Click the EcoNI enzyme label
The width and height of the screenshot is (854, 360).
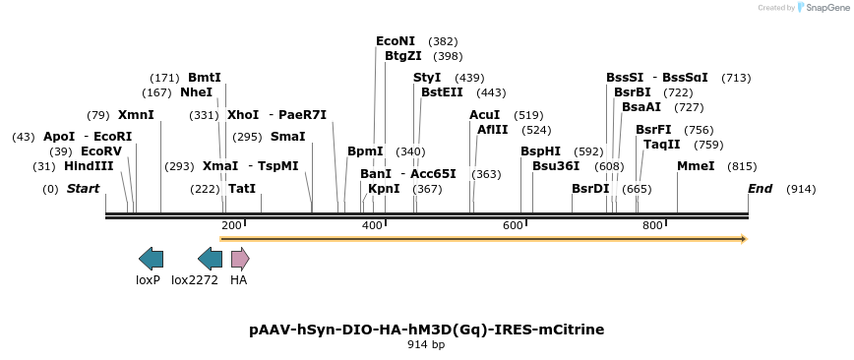tap(396, 41)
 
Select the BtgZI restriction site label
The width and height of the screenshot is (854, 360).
tap(403, 56)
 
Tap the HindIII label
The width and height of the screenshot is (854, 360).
tap(89, 166)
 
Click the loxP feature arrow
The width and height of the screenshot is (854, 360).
tap(151, 259)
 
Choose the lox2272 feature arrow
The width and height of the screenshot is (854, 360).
tap(210, 259)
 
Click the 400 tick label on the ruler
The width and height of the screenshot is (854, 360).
tap(372, 226)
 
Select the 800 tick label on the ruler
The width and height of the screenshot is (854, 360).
tap(652, 226)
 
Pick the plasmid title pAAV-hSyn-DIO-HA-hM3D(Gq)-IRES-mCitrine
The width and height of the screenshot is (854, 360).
tap(427, 330)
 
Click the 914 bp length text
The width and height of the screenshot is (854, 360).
tap(427, 345)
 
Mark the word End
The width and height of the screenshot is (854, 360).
tap(760, 188)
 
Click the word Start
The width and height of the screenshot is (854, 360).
tap(84, 188)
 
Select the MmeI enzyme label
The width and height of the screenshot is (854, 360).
tap(696, 166)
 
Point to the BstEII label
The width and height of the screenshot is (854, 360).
tap(443, 92)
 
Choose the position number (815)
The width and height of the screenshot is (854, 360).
tap(742, 166)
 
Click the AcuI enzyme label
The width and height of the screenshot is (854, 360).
tap(485, 115)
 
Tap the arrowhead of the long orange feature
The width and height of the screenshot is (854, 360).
tap(744, 238)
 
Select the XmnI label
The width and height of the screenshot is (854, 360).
tap(136, 115)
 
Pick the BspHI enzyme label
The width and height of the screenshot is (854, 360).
tap(540, 151)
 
